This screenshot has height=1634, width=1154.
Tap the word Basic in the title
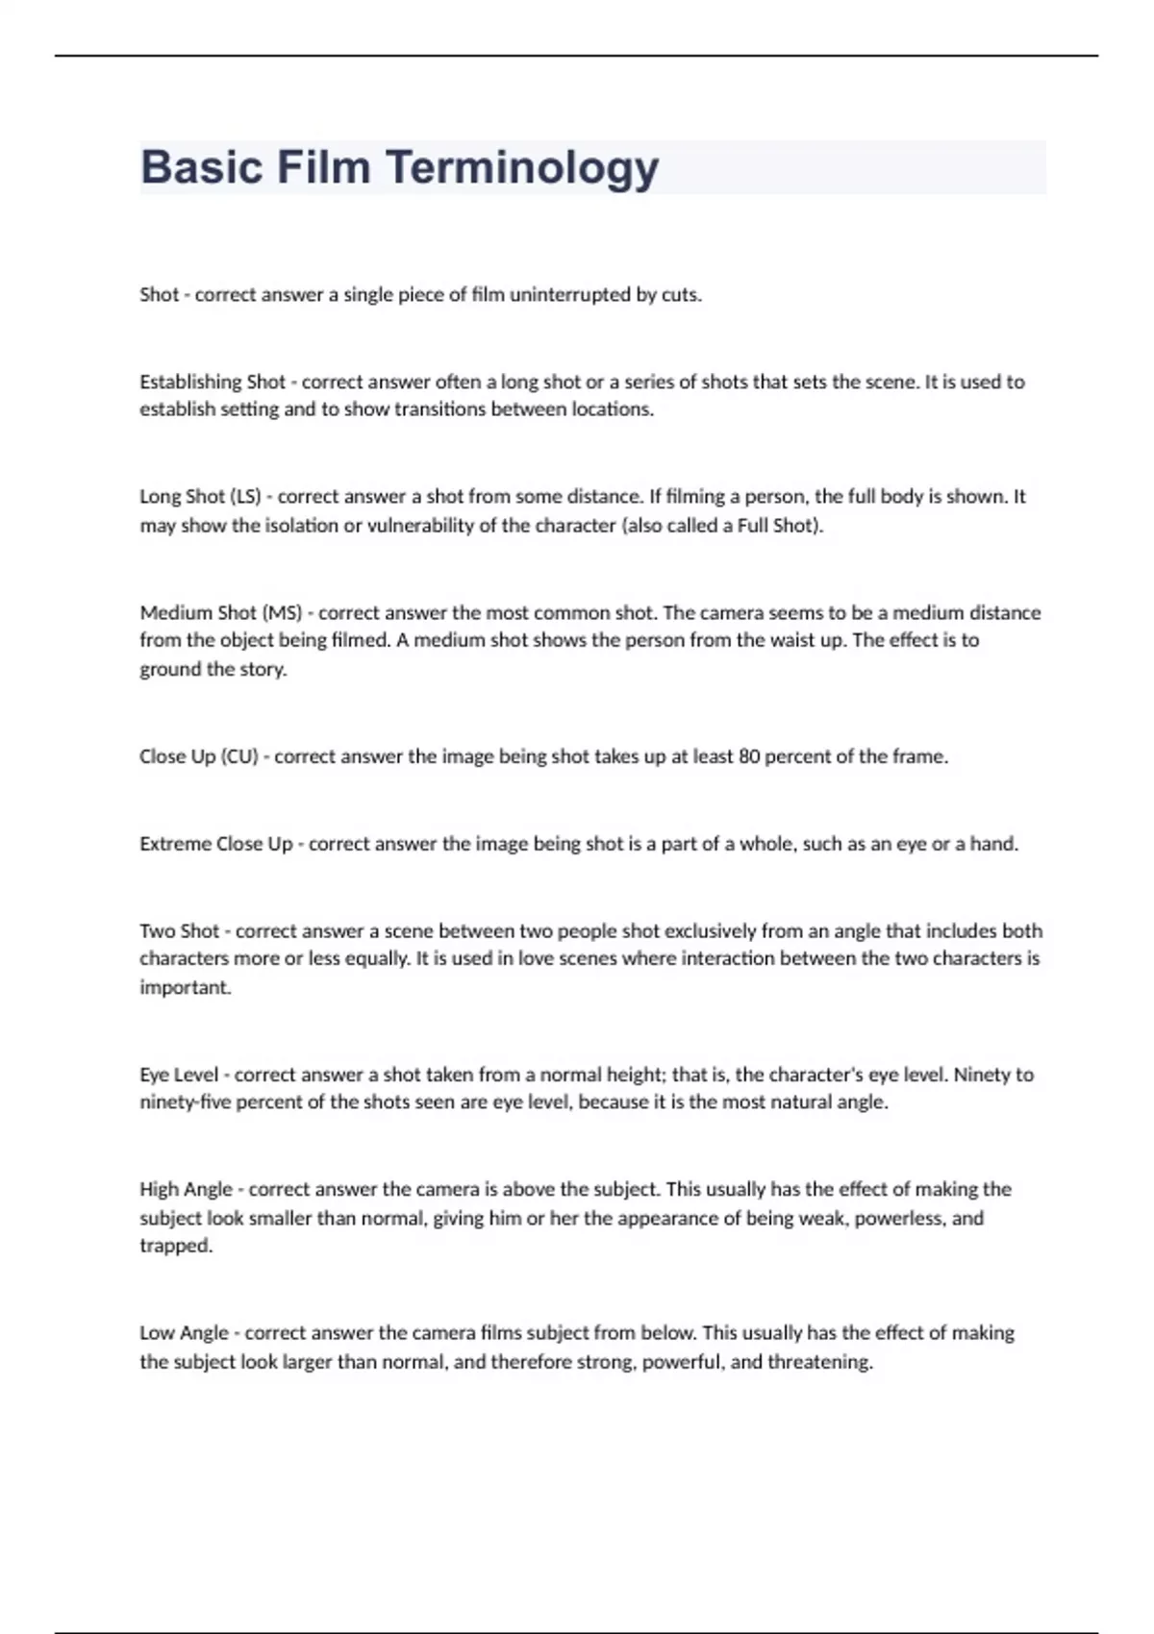201,167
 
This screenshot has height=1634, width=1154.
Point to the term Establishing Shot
213,382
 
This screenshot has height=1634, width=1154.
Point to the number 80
749,756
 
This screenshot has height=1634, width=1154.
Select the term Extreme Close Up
216,844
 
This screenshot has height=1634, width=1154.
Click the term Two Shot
180,930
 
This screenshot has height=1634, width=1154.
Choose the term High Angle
186,1189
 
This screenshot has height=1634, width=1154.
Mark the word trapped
175,1246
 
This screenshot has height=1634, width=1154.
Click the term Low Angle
184,1333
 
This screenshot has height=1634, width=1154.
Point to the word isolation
300,526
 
